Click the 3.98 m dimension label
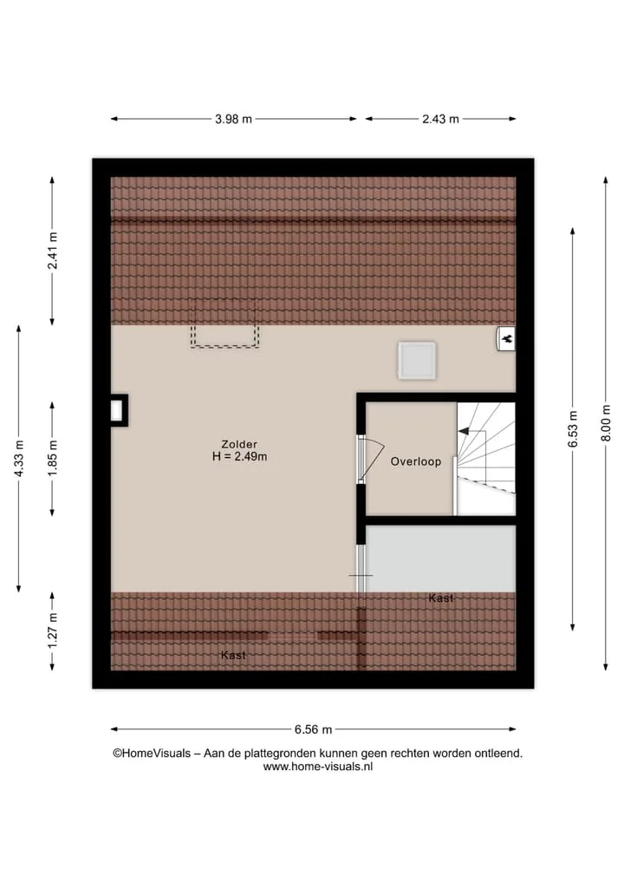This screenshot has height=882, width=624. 233,120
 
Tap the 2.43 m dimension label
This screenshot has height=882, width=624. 441,120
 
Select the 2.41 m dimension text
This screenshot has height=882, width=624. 52,251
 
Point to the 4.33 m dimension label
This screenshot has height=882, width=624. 18,459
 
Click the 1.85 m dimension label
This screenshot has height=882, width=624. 52,459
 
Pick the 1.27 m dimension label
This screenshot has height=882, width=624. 52,630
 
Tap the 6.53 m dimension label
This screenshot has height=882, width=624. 572,429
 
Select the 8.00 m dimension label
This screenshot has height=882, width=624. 606,423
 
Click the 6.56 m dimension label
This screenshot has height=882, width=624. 313,729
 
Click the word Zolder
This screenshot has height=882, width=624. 239,444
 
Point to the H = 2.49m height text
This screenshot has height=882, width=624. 239,457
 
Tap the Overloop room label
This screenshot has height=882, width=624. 416,461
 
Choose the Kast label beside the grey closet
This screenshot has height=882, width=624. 441,598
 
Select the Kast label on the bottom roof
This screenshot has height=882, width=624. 233,656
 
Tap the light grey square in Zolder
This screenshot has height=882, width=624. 417,361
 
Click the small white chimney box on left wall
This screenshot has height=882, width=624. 117,410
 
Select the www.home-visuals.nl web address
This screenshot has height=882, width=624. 318,766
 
